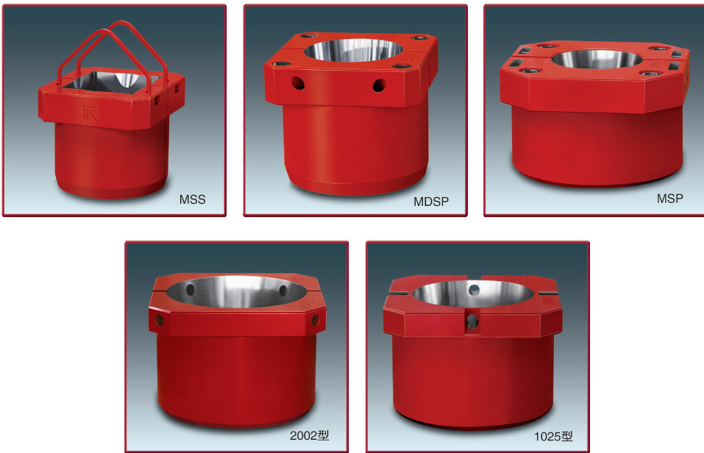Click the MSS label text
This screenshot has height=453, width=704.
[192, 199]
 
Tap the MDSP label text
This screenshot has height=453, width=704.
[431, 202]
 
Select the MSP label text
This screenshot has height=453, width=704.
[670, 199]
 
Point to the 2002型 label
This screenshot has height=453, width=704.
[310, 435]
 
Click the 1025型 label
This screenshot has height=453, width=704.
[553, 436]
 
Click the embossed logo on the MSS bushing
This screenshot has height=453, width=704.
[90, 112]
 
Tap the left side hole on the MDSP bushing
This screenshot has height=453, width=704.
[298, 83]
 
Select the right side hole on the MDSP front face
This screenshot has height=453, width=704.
[379, 85]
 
